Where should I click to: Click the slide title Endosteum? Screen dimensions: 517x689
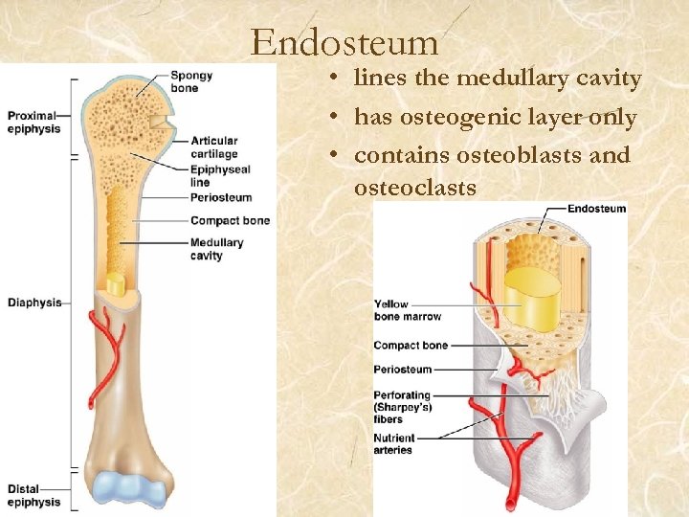tap(344, 43)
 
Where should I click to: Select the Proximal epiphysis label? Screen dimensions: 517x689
tap(33, 123)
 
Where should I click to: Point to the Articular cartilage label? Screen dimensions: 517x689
tap(214, 147)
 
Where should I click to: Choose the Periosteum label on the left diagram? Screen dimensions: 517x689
tap(221, 197)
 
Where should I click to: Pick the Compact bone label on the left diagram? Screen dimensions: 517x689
tap(230, 220)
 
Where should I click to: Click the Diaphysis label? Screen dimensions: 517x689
tap(34, 303)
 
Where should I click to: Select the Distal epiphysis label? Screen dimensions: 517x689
tap(33, 495)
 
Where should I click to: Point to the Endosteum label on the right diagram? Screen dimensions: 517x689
tap(597, 209)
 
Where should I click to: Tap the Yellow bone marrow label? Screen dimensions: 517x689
tap(408, 310)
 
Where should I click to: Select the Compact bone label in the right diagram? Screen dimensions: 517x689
tap(411, 345)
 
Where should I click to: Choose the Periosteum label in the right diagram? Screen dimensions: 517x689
tap(403, 369)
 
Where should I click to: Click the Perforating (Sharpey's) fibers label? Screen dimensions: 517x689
tap(402, 407)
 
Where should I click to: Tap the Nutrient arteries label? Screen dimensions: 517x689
tap(393, 444)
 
